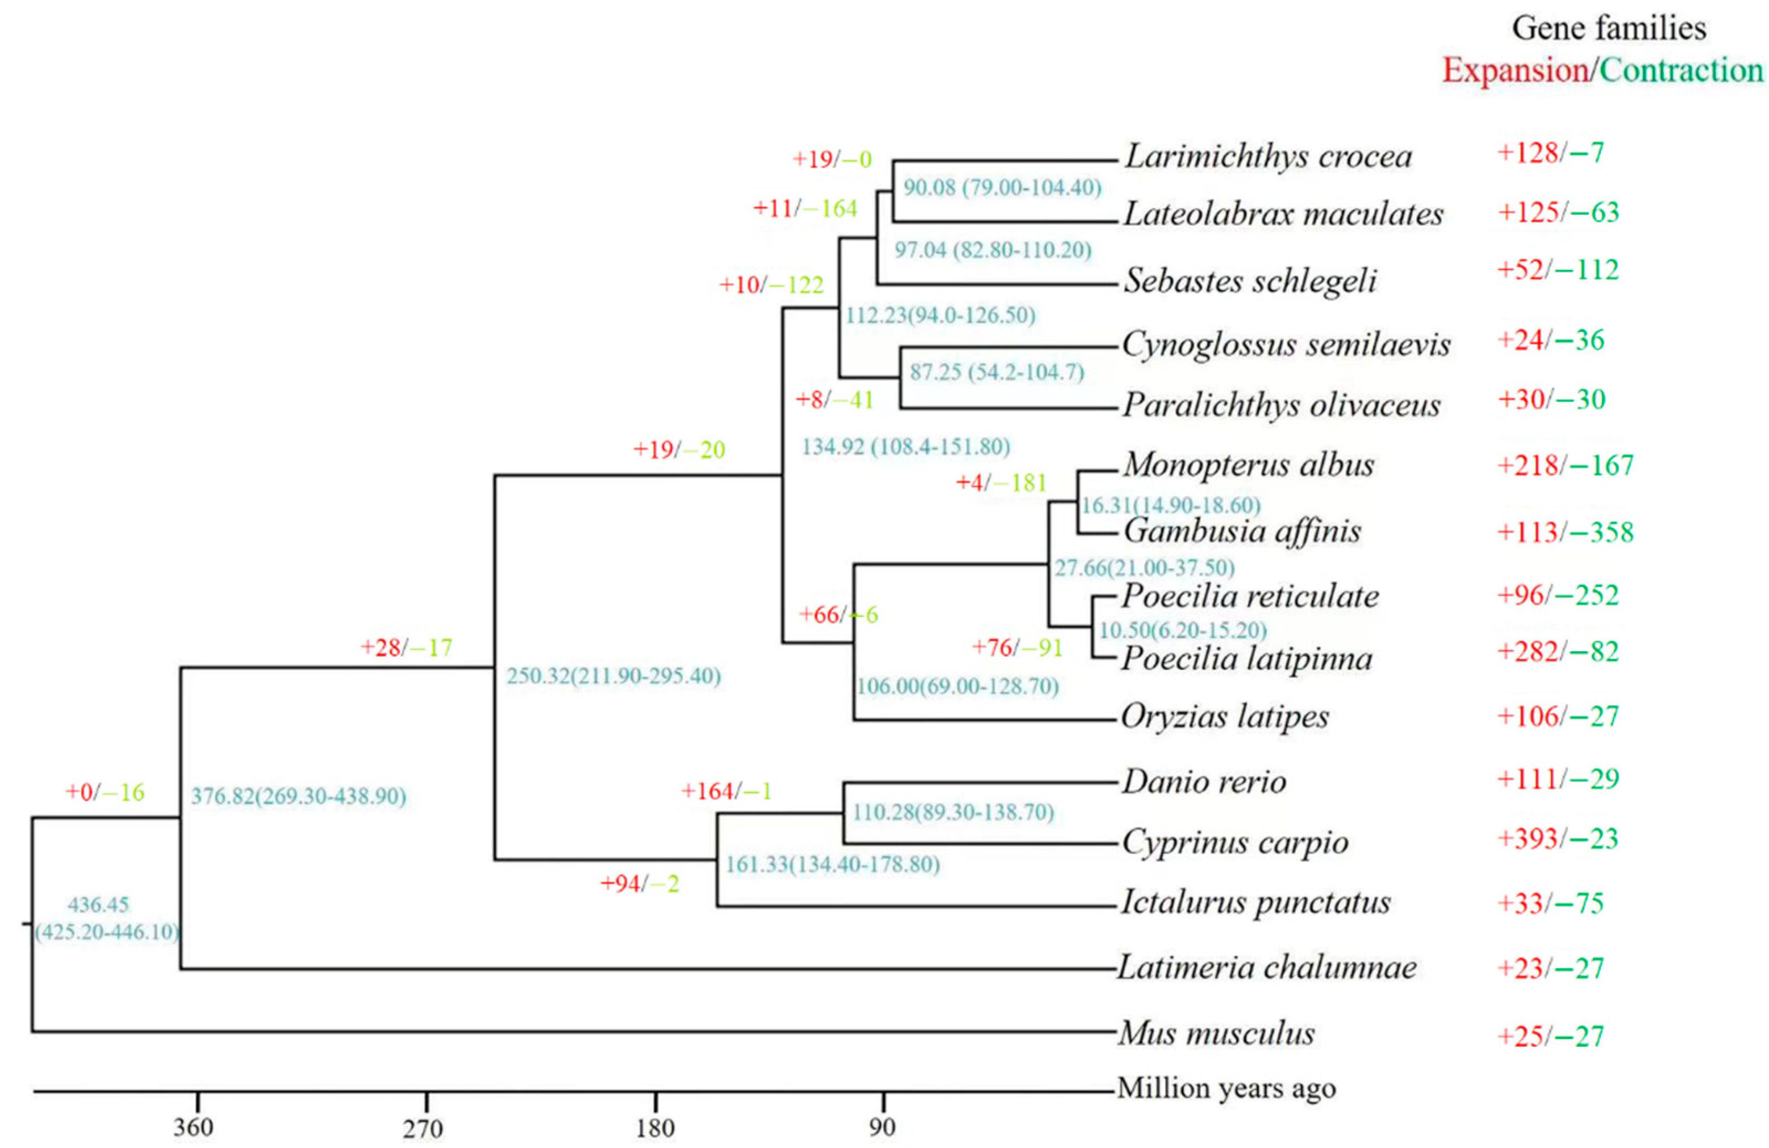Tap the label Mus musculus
tap(1217, 1033)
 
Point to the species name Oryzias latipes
tap(1225, 717)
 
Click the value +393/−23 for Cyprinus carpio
tap(1558, 839)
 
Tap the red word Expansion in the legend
tap(1515, 71)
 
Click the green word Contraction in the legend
tap(1681, 71)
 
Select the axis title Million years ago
tap(1227, 1088)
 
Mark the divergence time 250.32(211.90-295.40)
tap(614, 677)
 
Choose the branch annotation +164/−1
tap(726, 791)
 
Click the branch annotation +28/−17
tap(406, 648)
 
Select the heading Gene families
tap(1609, 29)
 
